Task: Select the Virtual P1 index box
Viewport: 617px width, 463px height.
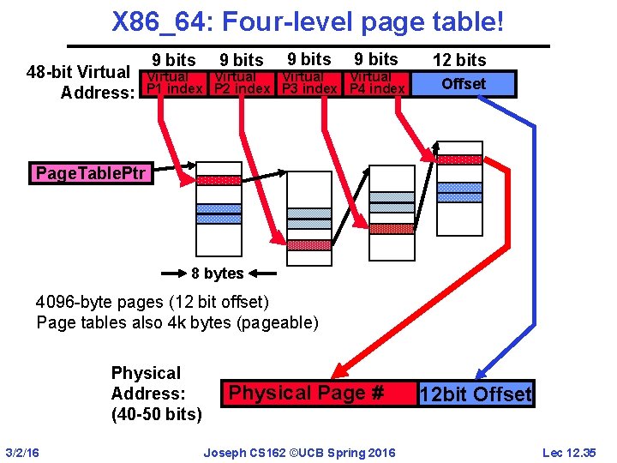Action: point(174,83)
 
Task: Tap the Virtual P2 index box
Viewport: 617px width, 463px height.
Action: point(242,83)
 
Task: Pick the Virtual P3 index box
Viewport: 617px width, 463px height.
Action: point(308,83)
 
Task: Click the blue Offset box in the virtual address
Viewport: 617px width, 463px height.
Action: point(463,83)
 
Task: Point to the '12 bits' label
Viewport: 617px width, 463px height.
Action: point(459,60)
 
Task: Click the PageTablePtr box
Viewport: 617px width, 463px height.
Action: point(92,174)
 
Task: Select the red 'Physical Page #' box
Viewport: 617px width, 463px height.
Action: point(306,394)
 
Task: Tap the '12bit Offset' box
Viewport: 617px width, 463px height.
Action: point(475,394)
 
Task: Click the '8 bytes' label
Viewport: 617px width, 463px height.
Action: point(217,274)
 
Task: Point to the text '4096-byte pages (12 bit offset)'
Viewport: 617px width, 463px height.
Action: point(153,302)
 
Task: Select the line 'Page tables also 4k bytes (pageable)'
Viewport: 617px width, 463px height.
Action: point(177,322)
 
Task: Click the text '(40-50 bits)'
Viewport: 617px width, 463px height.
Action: point(157,415)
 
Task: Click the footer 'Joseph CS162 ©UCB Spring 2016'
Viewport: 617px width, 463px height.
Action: point(299,452)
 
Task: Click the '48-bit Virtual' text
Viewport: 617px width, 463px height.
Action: point(78,72)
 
